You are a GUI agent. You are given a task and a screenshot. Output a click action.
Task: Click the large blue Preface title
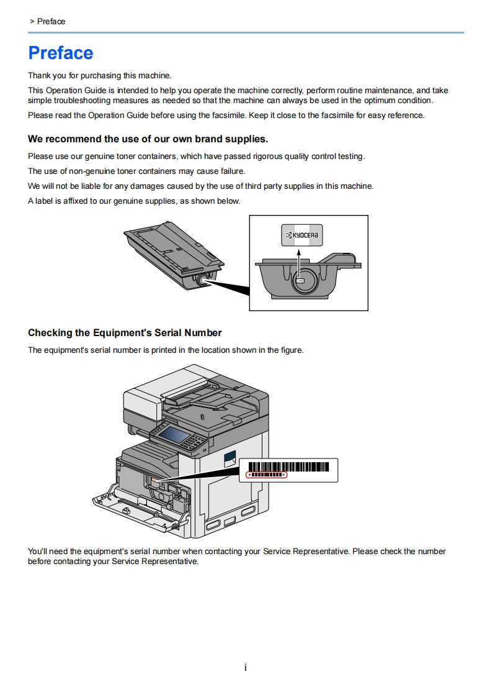pyautogui.click(x=61, y=53)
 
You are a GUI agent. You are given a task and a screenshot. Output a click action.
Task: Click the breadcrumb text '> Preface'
pyautogui.click(x=47, y=22)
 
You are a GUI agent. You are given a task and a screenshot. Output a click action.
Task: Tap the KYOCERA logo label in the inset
pyautogui.click(x=302, y=235)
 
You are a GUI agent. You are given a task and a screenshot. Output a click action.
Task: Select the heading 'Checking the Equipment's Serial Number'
pyautogui.click(x=125, y=333)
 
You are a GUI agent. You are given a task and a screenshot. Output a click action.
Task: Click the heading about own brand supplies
pyautogui.click(x=148, y=139)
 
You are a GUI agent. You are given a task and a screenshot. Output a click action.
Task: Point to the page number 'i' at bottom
pyautogui.click(x=246, y=668)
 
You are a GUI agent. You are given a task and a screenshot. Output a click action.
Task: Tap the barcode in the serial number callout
pyautogui.click(x=288, y=467)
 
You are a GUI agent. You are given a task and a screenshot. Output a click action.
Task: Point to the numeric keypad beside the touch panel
pyautogui.click(x=197, y=442)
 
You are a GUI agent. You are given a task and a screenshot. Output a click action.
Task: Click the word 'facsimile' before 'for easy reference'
pyautogui.click(x=336, y=116)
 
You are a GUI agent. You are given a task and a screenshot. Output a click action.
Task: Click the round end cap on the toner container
pyautogui.click(x=203, y=280)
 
